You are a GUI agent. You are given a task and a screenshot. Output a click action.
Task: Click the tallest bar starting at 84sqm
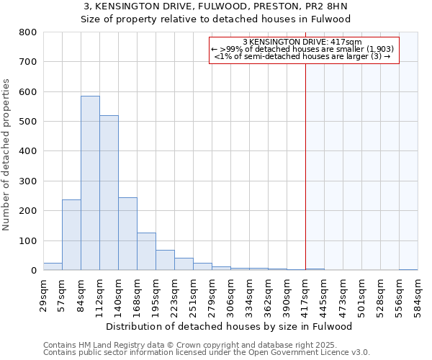tap(90, 183)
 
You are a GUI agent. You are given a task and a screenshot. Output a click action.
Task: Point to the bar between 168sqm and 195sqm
tap(146, 251)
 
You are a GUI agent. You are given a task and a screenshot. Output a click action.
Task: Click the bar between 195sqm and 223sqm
tap(165, 260)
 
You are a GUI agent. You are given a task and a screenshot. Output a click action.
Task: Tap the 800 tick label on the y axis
tap(28, 32)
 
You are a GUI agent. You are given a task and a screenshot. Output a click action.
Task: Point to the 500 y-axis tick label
tap(28, 122)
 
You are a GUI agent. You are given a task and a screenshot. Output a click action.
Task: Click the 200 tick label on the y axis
tap(28, 211)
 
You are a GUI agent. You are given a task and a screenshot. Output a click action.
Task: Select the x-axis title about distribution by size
tap(234, 326)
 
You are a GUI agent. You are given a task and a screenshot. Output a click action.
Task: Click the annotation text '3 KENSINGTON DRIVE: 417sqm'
tap(302, 42)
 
